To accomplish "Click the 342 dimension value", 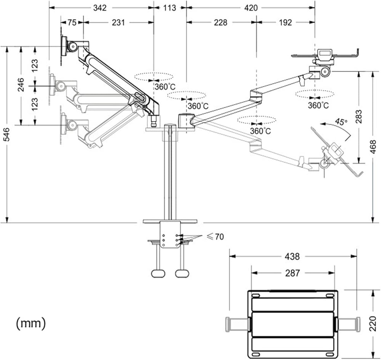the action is click(100, 8).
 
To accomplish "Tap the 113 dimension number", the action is click(170, 8).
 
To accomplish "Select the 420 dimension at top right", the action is click(251, 8).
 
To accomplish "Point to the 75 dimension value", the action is click(72, 22).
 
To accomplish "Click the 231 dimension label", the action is click(118, 22).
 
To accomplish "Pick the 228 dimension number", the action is click(220, 22).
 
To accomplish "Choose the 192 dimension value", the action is click(285, 22).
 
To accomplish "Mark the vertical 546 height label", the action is click(6, 134).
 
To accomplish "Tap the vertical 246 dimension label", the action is click(21, 85).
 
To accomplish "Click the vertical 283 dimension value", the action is click(359, 117).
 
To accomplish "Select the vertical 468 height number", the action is click(373, 147).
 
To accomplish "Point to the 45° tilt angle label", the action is click(341, 122).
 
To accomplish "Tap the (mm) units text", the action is click(31, 323).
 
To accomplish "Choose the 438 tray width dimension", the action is click(292, 256).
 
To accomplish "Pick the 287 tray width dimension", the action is click(292, 273).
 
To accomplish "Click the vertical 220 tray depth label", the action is click(373, 323).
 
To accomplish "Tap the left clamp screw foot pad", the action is click(158, 274).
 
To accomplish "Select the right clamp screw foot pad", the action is click(182, 274).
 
